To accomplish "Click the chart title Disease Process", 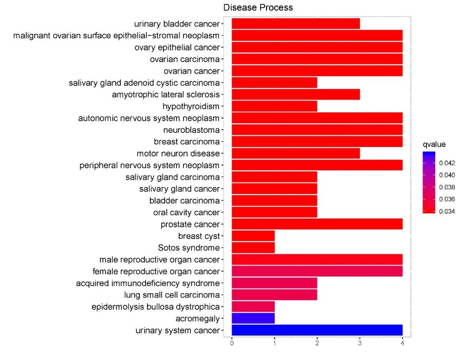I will pyautogui.click(x=258, y=7).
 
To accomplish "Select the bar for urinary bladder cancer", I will pyautogui.click(x=296, y=24).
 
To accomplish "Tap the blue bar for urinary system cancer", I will pyautogui.click(x=317, y=330).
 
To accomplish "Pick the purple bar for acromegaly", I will pyautogui.click(x=253, y=318).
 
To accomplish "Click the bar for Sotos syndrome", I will pyautogui.click(x=253, y=248).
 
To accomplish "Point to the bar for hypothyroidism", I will pyautogui.click(x=274, y=106).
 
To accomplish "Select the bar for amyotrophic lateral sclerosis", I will pyautogui.click(x=296, y=94).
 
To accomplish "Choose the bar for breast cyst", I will pyautogui.click(x=253, y=236).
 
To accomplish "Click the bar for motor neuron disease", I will pyautogui.click(x=296, y=153).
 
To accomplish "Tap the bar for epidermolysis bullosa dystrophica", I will pyautogui.click(x=253, y=306).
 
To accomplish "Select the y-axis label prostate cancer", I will pyautogui.click(x=190, y=224).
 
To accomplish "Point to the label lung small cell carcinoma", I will pyautogui.click(x=172, y=295).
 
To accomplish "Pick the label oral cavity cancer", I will pyautogui.click(x=186, y=212).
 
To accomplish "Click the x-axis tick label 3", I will pyautogui.click(x=360, y=343).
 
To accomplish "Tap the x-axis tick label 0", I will pyautogui.click(x=232, y=343).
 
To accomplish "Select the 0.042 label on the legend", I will pyautogui.click(x=447, y=163).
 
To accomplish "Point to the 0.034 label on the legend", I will pyautogui.click(x=447, y=211).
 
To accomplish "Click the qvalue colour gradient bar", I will pyautogui.click(x=429, y=182).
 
